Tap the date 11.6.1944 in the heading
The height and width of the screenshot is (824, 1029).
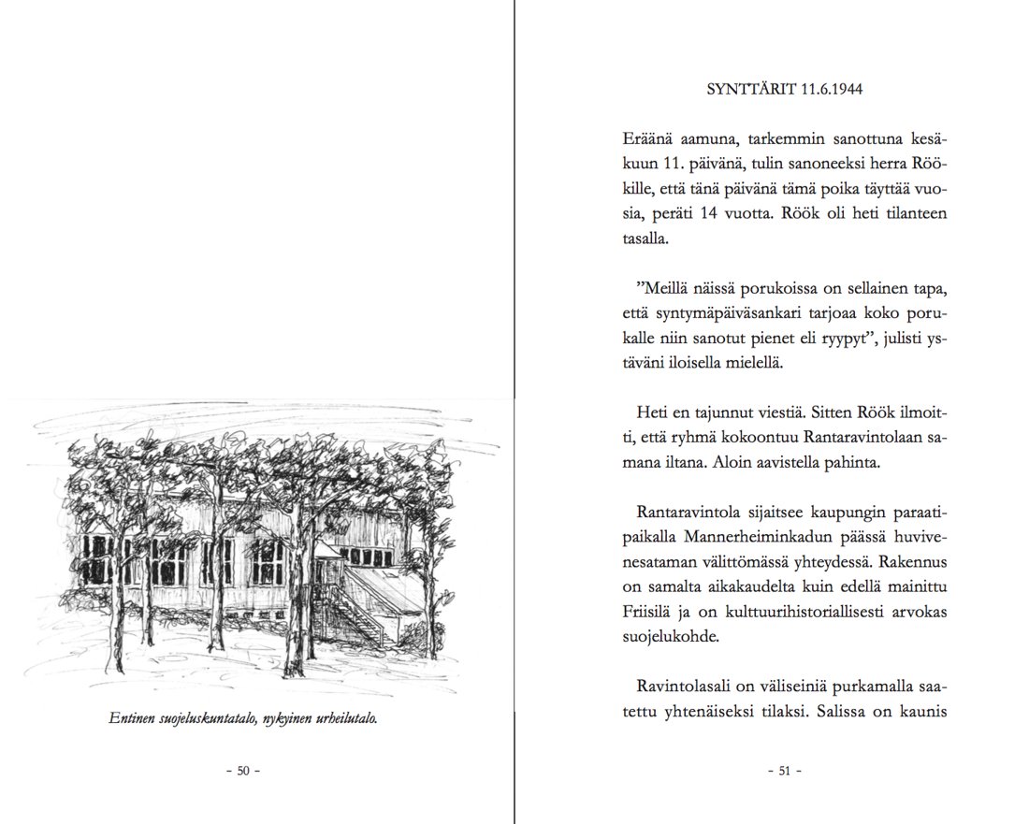tap(832, 91)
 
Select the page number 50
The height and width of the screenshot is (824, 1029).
tap(243, 772)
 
